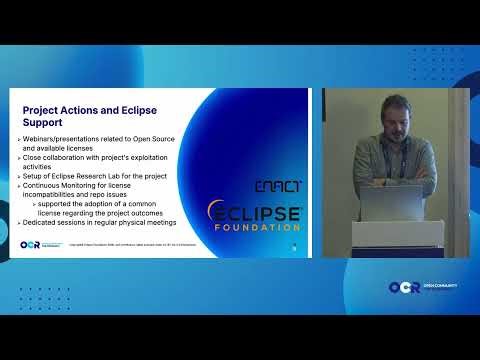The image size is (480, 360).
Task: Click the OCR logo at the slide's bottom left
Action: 29,244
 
